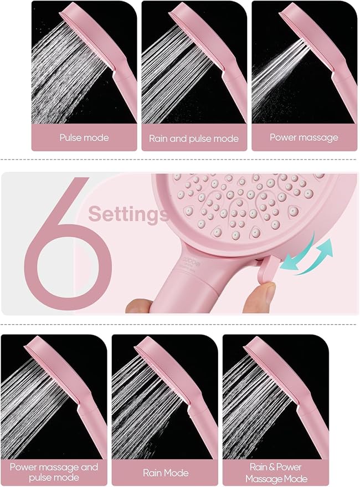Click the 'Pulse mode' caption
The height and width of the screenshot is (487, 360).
(84, 137)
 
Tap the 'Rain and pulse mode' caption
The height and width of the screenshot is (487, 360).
(194, 138)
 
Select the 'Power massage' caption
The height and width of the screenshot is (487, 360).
(304, 137)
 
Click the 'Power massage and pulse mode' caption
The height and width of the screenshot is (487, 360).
(54, 473)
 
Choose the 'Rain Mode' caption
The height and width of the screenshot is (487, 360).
(165, 473)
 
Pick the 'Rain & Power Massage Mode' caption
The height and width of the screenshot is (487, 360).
(275, 473)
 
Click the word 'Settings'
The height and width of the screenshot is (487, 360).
(128, 213)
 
